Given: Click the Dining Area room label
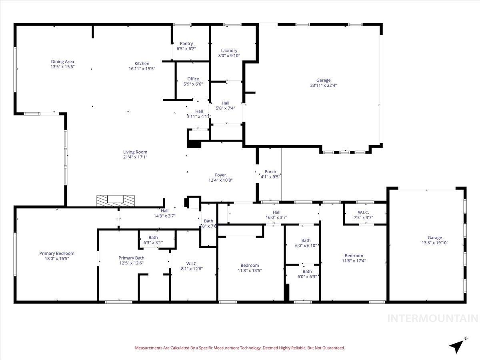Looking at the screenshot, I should (62, 62).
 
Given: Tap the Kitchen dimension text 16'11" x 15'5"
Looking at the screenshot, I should (142, 69).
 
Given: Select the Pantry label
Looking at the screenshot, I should (186, 44).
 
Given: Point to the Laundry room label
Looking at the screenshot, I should (229, 51).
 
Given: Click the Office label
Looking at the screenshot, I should (193, 79).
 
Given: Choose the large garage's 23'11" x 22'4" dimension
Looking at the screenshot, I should (323, 85).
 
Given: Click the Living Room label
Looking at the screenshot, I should (135, 152).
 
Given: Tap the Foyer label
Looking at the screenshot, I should (220, 175).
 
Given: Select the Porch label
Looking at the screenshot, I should (270, 172).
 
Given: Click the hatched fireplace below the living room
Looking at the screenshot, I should (116, 200).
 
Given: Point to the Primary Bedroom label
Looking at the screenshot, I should (57, 253).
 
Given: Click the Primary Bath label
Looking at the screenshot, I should (131, 258).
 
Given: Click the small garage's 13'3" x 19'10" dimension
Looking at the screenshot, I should (435, 243).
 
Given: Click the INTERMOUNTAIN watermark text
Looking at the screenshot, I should (433, 318).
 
